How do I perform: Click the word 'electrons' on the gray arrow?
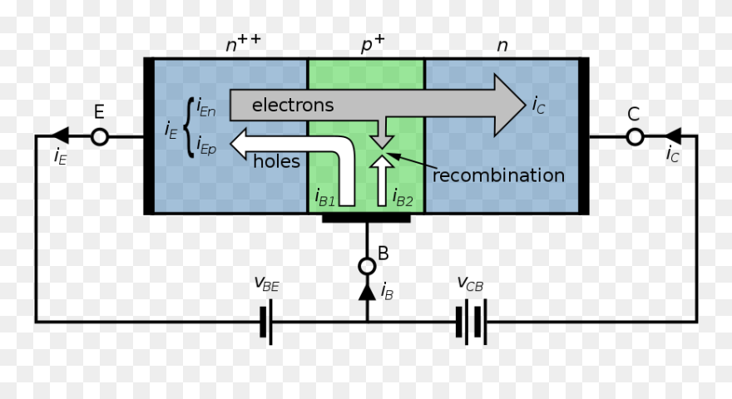292,105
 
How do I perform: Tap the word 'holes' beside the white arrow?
276,161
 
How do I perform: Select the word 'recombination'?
498,175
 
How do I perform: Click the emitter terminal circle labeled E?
99,136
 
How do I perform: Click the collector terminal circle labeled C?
635,136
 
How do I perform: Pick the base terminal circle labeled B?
366,266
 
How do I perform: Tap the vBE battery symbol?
266,322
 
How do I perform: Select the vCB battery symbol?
471,322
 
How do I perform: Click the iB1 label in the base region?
325,198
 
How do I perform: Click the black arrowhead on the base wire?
366,292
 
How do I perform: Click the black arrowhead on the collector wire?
674,136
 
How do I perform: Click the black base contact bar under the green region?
366,219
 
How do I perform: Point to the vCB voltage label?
470,284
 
